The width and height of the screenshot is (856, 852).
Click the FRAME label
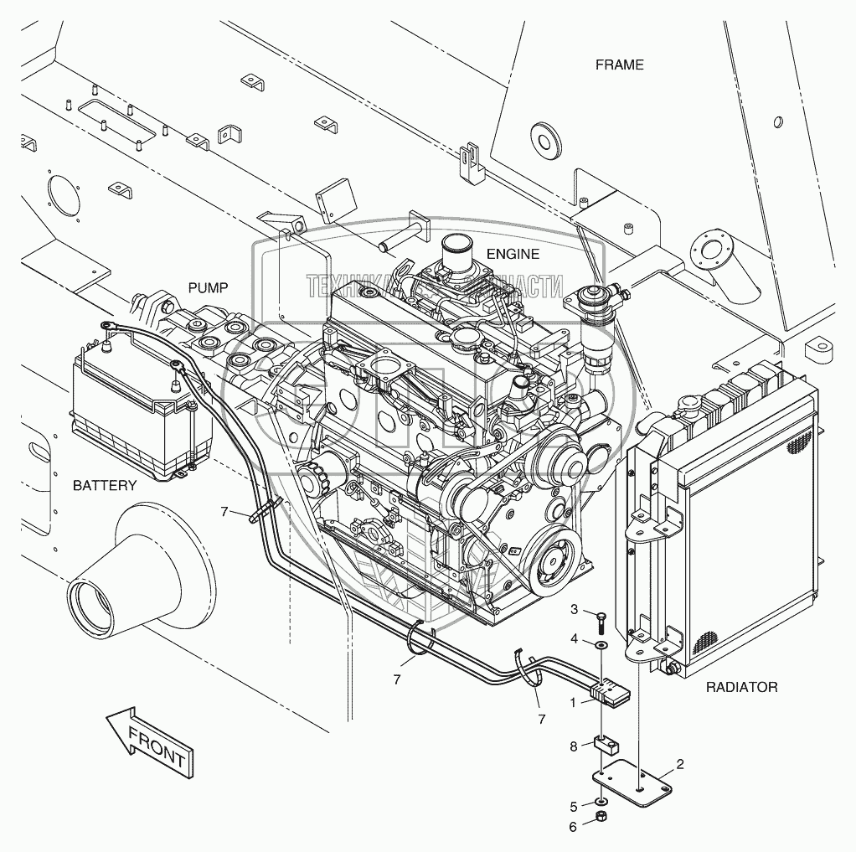coord(620,65)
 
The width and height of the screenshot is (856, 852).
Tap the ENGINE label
coord(512,254)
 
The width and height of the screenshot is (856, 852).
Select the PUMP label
coord(208,287)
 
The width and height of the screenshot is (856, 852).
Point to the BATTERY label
coord(104,485)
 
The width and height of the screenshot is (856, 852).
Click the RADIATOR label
coord(741,687)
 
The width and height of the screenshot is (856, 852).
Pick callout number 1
coord(574,704)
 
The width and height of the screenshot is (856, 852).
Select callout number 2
coord(680,763)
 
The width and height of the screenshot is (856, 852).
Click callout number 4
coord(575,638)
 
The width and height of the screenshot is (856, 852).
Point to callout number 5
coord(575,807)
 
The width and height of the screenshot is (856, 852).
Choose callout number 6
coord(575,826)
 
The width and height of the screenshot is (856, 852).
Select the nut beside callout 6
coord(601,817)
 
